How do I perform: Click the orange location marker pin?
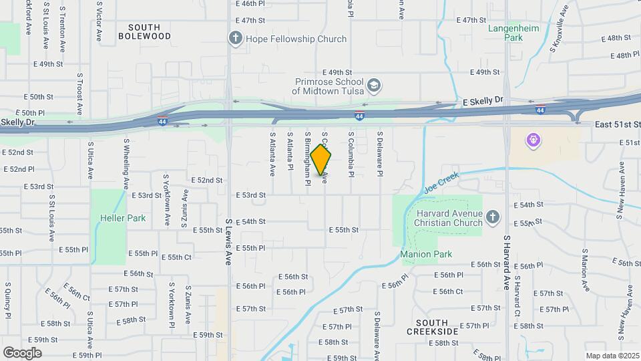point(321,159)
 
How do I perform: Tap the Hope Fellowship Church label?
point(296,39)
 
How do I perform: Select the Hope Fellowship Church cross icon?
point(236,38)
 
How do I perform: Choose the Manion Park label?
point(426,254)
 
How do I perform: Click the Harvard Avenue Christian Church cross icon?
point(492,217)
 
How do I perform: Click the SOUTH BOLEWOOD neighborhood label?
point(144,31)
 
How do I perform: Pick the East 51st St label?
point(618,124)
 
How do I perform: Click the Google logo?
point(23,352)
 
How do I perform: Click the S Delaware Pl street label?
point(379,154)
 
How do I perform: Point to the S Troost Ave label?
point(79,94)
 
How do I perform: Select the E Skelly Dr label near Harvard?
point(482,101)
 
